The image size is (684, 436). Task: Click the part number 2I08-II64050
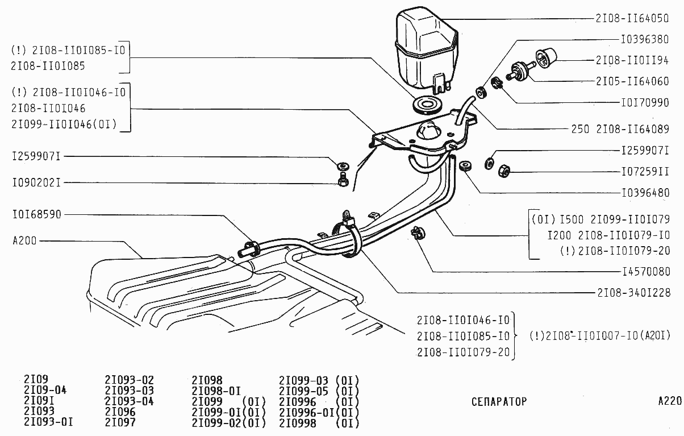pos(632,18)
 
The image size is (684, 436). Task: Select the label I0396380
pos(645,41)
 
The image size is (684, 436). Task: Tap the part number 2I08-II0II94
pos(632,60)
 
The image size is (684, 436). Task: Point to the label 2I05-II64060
pos(632,81)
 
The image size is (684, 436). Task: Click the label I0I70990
pos(645,104)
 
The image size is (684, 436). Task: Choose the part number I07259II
pos(645,171)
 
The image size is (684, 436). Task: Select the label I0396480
pos(645,193)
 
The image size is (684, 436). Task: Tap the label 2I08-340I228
pos(633,293)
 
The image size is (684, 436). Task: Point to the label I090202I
pos(36,183)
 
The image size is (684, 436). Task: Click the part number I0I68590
pos(36,215)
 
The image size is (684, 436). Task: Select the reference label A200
pos(24,240)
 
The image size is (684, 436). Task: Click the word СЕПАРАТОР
pos(499,402)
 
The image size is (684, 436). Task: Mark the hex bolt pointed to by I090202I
pos(343,181)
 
